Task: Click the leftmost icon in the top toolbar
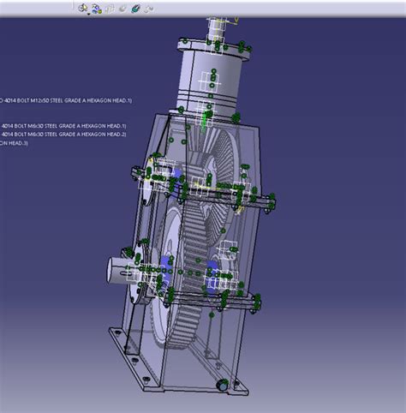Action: coord(83,8)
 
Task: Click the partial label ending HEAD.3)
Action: coord(14,142)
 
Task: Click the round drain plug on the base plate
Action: coord(223,386)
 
